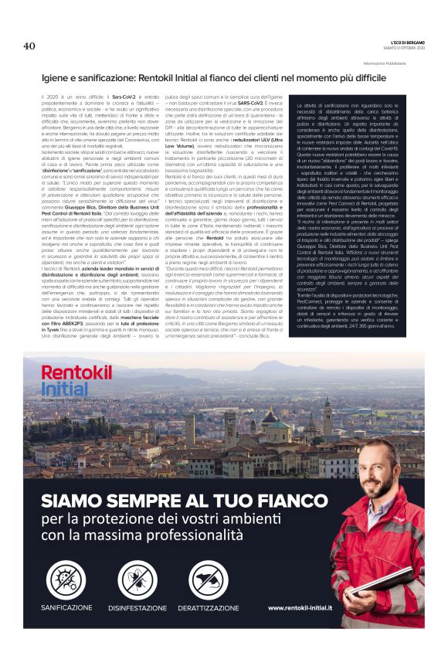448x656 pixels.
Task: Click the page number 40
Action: coord(30,46)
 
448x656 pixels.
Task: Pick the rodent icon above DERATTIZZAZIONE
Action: coord(209,577)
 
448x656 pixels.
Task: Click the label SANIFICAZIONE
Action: coord(67,607)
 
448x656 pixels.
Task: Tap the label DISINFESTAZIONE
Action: coord(137,607)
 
